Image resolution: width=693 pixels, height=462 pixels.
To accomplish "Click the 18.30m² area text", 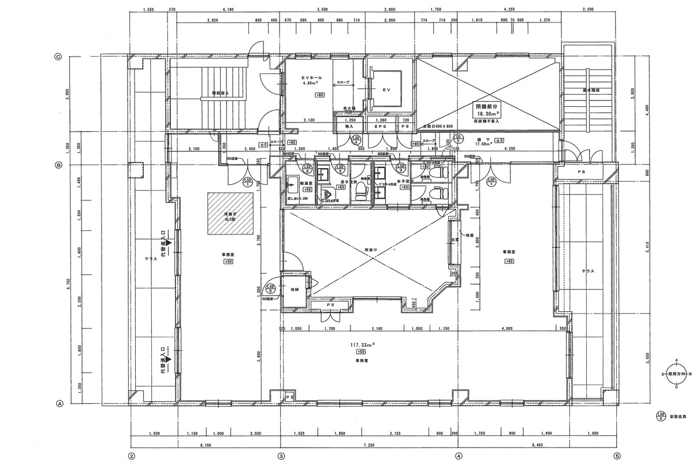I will [x=487, y=114].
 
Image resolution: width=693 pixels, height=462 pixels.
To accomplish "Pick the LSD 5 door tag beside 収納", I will [x=269, y=289].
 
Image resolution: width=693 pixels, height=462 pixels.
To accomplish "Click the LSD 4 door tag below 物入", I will [x=356, y=140].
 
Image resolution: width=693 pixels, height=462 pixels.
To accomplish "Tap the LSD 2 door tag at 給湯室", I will [x=308, y=169].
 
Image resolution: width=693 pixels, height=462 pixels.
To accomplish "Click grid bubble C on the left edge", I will [x=58, y=57].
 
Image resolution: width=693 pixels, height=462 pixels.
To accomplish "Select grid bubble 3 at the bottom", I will [x=281, y=454].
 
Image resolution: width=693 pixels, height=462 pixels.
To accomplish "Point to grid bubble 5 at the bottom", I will [x=616, y=454].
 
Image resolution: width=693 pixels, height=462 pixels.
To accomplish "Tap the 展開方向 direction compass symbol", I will [x=675, y=374].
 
